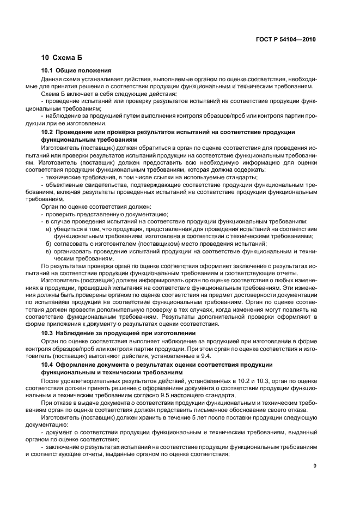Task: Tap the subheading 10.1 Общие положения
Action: (x=76, y=71)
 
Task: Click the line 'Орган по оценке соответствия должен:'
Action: (x=95, y=207)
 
